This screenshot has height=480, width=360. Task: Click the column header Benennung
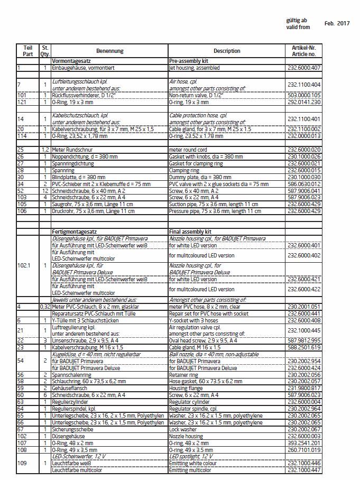point(110,51)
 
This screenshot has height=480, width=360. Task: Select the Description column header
point(227,51)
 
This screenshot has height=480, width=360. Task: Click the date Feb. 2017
point(337,24)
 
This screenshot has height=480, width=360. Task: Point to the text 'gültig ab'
point(296,20)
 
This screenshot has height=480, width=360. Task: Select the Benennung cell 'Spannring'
point(63,171)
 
